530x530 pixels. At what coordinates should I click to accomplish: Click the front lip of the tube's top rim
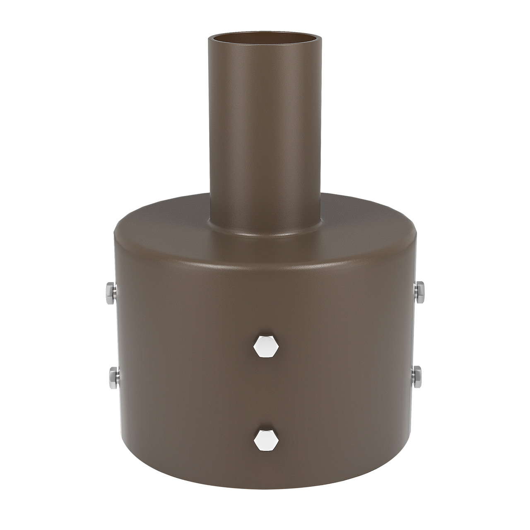[265, 49]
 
